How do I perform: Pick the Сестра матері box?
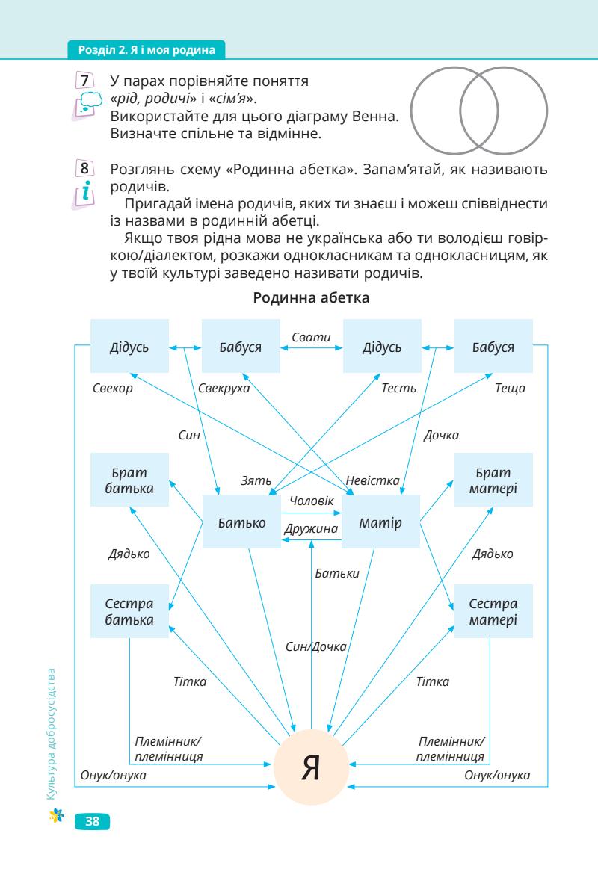coord(493,611)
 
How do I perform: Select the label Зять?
coord(255,480)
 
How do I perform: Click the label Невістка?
coord(372,480)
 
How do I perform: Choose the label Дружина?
coord(310,528)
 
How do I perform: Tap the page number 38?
coord(93,821)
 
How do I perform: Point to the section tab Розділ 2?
coord(147,52)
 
